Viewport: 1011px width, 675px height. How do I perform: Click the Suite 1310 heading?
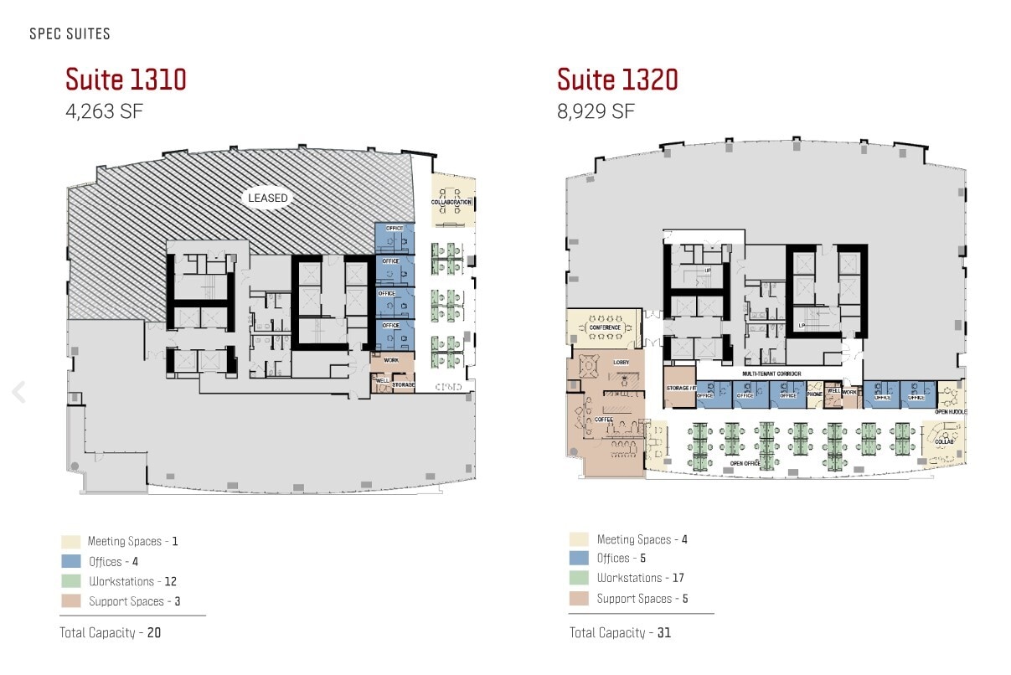pyautogui.click(x=126, y=80)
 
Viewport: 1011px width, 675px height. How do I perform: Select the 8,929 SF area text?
pyautogui.click(x=596, y=111)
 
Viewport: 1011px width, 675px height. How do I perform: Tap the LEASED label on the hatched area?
pyautogui.click(x=267, y=198)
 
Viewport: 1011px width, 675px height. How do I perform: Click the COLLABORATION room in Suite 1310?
pyautogui.click(x=453, y=202)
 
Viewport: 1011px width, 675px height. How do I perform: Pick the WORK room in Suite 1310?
pyautogui.click(x=391, y=361)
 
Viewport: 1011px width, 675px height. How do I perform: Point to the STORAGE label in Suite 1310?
pyautogui.click(x=403, y=385)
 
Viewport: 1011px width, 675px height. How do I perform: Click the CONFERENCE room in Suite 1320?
pyautogui.click(x=604, y=327)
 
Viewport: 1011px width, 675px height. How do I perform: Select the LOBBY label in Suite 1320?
pyautogui.click(x=621, y=362)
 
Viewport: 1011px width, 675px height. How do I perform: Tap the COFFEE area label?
pyautogui.click(x=604, y=420)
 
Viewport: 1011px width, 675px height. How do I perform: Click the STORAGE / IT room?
pyautogui.click(x=678, y=388)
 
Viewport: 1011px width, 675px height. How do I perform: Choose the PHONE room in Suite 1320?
pyautogui.click(x=814, y=394)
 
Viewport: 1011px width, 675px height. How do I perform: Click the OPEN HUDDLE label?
pyautogui.click(x=951, y=411)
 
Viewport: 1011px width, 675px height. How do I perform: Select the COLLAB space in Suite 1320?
pyautogui.click(x=943, y=441)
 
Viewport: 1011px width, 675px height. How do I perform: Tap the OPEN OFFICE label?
pyautogui.click(x=745, y=463)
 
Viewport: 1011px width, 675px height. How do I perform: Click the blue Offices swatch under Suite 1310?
pyautogui.click(x=71, y=561)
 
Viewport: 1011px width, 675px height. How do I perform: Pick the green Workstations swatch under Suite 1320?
pyautogui.click(x=579, y=578)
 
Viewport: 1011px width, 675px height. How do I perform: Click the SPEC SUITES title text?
pyautogui.click(x=70, y=34)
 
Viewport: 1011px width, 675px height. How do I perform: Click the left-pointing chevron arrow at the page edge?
pyautogui.click(x=18, y=391)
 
